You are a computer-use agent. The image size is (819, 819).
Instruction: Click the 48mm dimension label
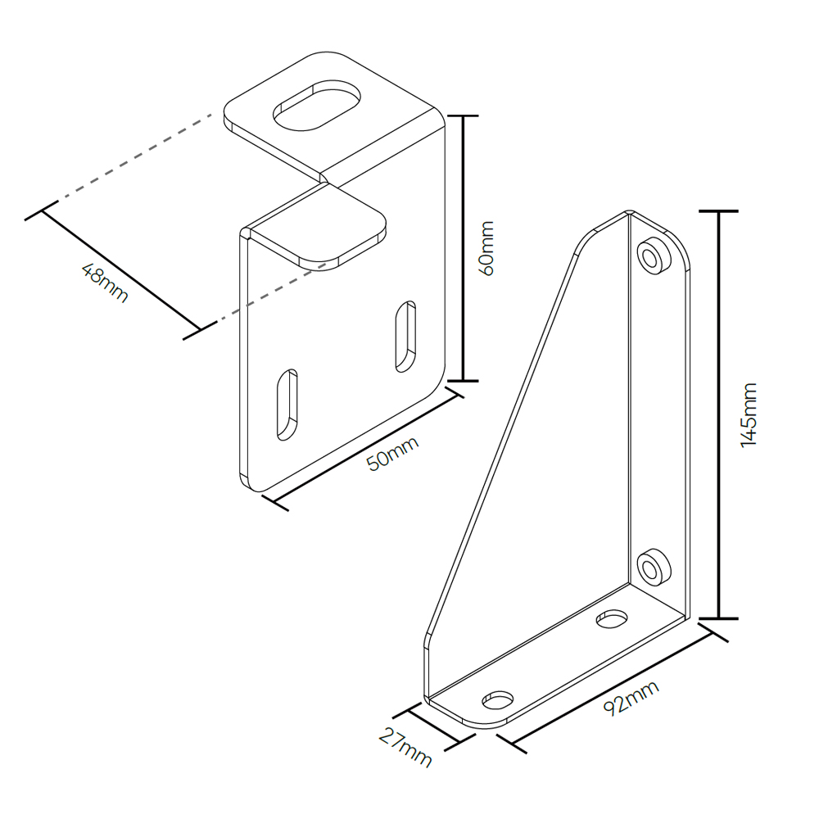(x=105, y=283)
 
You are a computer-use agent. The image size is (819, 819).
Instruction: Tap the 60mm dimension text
(x=486, y=248)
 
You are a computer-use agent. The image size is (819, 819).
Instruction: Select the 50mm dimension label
(x=393, y=454)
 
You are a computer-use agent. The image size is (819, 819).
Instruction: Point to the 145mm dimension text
(x=749, y=414)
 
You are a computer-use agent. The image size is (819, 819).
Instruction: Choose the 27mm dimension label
(x=405, y=748)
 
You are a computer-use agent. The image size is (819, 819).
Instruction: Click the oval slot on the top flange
(x=317, y=106)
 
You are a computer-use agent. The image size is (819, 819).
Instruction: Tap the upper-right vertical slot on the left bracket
(x=406, y=337)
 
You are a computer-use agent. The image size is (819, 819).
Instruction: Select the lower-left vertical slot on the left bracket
(x=287, y=405)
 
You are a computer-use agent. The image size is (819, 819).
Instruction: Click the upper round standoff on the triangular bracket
(x=654, y=256)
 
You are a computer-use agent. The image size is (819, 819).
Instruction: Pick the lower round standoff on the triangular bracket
(x=654, y=568)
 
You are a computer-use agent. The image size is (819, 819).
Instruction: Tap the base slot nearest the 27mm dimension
(x=498, y=700)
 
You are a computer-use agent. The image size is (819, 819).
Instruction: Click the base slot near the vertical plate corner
(x=612, y=618)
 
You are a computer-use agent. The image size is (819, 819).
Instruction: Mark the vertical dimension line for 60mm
(x=463, y=248)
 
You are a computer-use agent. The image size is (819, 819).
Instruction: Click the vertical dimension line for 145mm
(x=719, y=414)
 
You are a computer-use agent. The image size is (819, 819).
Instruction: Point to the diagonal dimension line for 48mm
(x=120, y=269)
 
